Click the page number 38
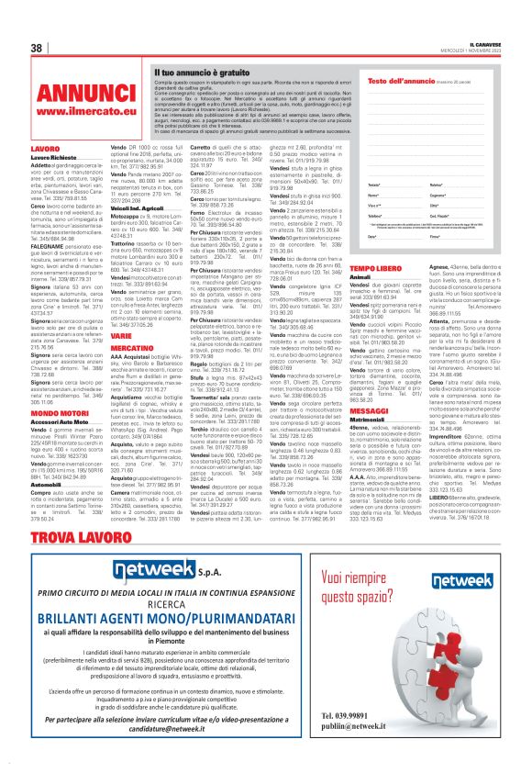tap(38, 48)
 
